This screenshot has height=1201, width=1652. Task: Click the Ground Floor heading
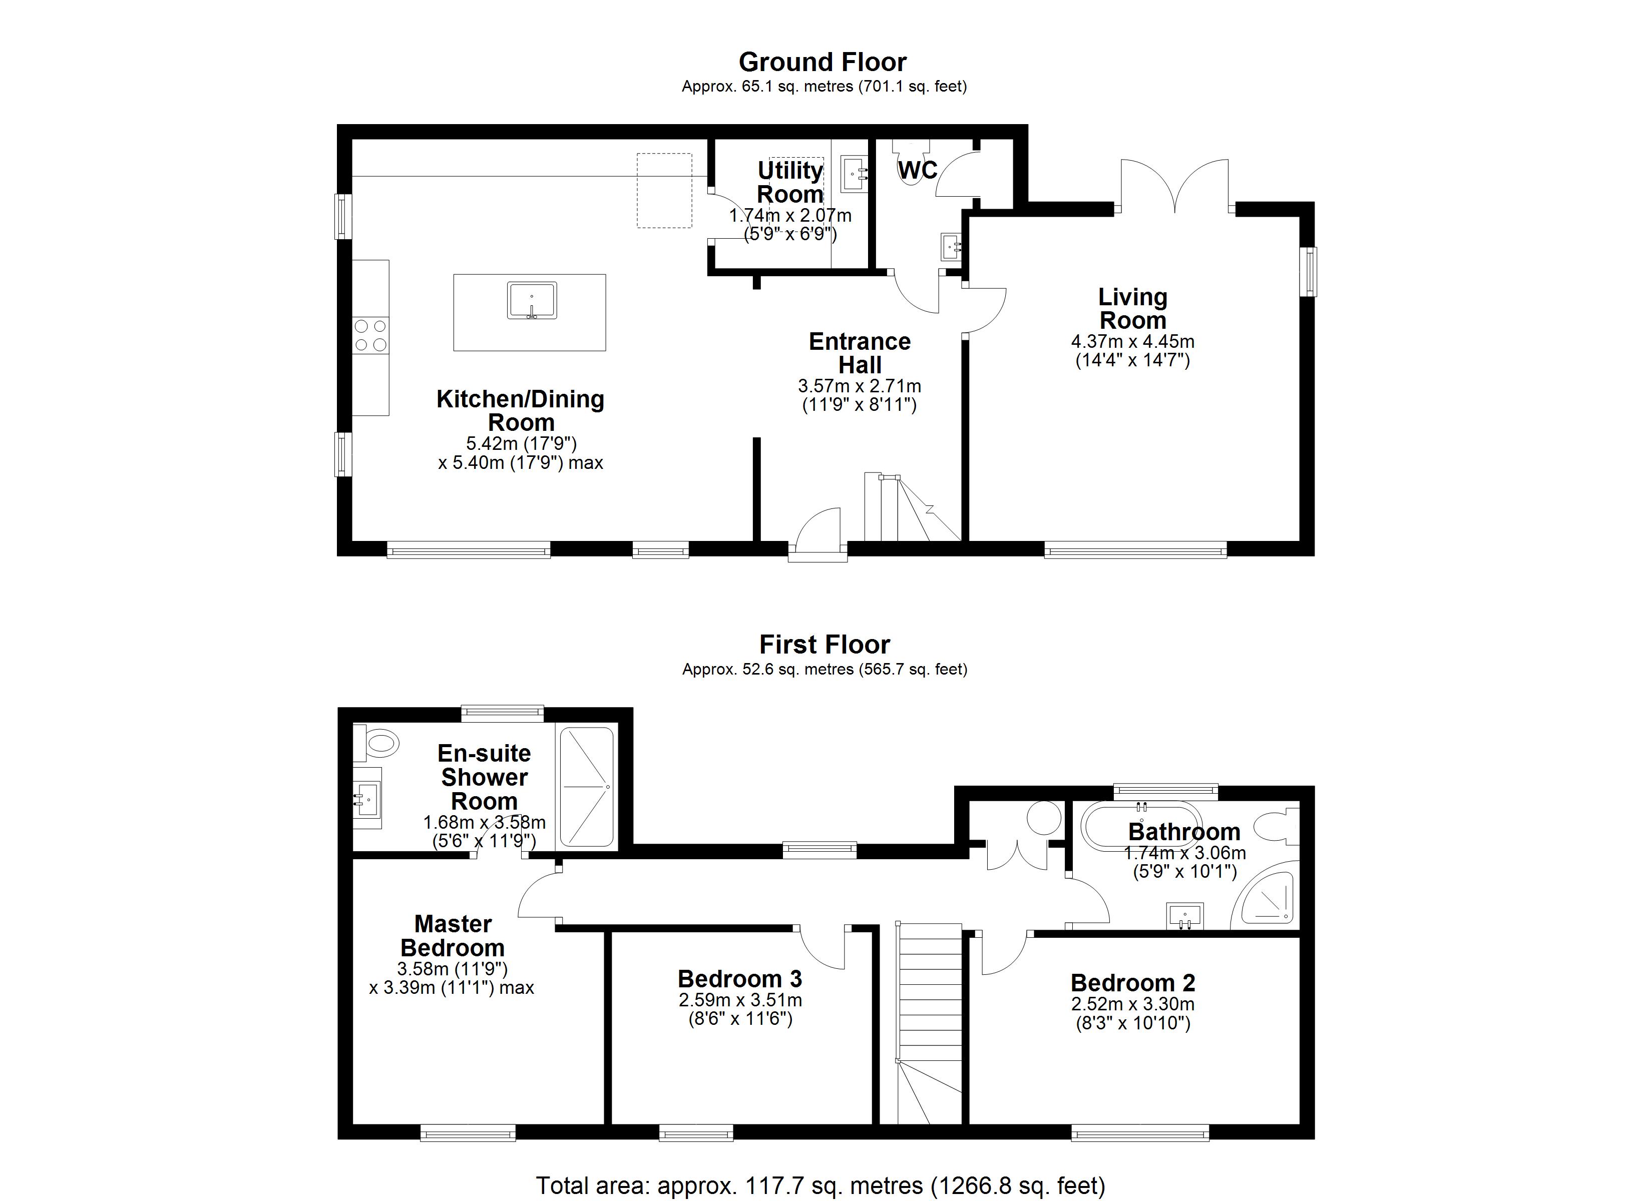822,62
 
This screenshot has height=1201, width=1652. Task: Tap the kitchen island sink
532,300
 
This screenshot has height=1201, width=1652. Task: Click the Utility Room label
790,182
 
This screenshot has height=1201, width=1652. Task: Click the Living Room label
1133,308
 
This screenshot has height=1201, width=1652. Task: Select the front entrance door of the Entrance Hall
818,535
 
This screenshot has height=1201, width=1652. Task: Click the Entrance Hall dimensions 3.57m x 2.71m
860,386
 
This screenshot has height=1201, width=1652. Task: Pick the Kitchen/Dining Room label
520,410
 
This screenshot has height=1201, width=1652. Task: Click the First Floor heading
824,645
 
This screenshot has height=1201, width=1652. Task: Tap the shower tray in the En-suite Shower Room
586,787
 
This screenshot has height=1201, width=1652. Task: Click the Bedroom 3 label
739,978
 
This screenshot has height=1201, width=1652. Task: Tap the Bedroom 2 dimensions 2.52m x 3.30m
1133,1004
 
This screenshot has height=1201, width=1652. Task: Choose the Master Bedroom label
453,936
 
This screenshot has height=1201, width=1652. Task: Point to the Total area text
821,1185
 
